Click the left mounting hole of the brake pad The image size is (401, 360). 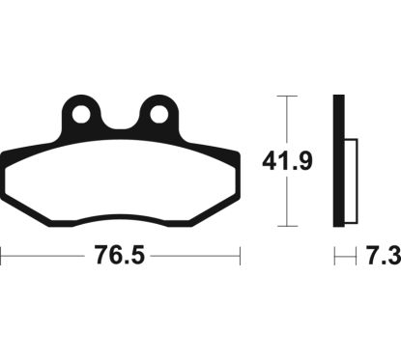83,115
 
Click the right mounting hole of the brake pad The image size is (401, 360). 157,115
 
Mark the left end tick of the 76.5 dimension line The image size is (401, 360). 2,258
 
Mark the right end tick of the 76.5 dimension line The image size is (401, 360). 239,258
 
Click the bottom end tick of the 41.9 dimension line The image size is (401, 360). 280,230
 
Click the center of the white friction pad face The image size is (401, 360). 120,183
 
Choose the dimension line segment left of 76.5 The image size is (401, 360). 43,258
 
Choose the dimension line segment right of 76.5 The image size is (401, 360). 193,258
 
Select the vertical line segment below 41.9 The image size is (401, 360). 280,205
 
